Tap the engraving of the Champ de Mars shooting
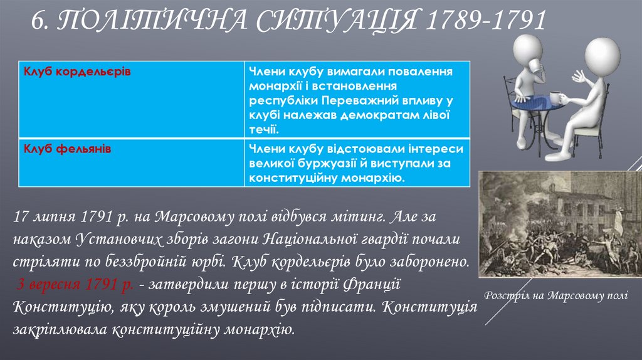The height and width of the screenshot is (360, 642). (560, 224)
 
